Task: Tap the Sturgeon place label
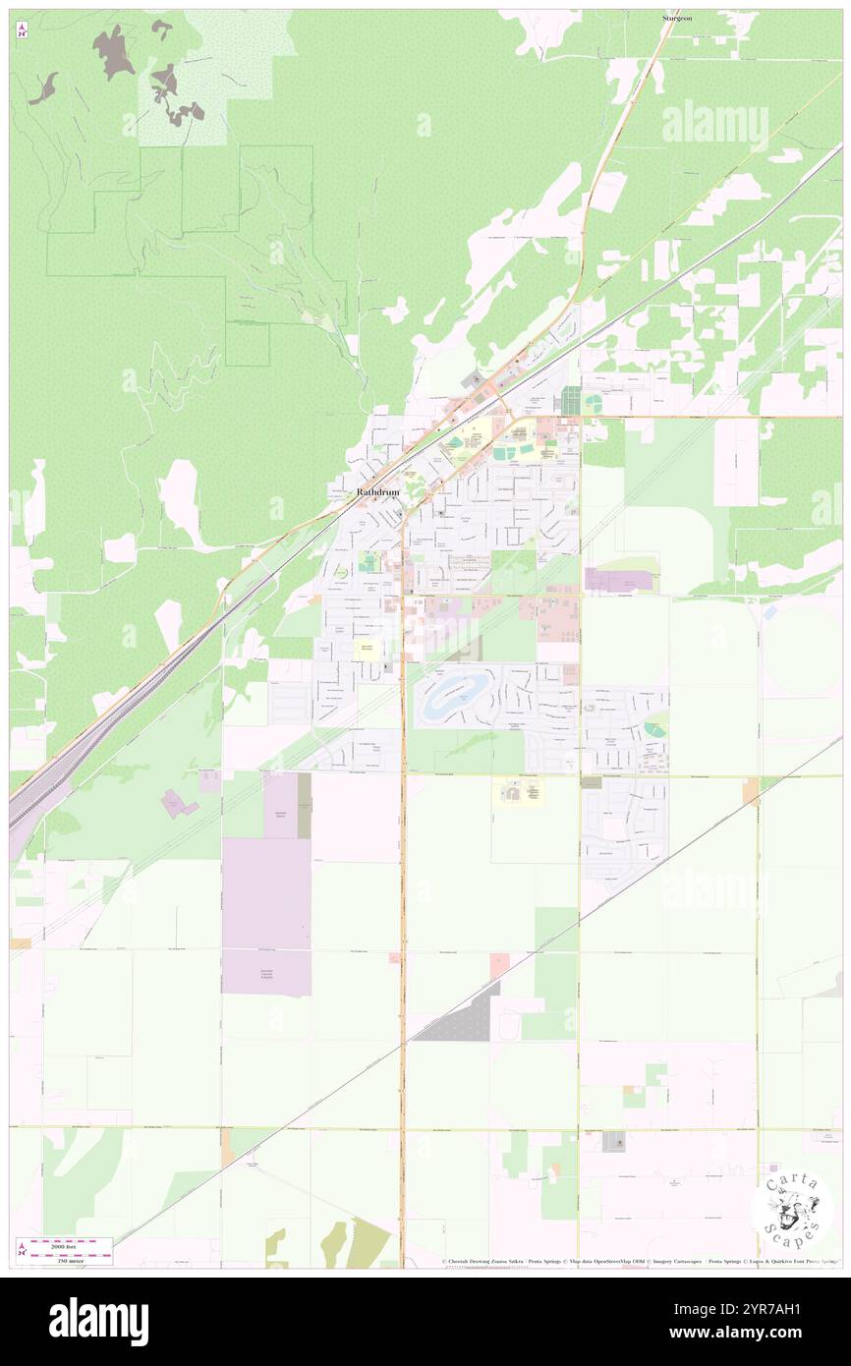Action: tap(679, 18)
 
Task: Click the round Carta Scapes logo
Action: tap(792, 1208)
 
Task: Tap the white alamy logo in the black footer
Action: tap(98, 1320)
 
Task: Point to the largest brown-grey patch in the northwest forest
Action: tap(113, 51)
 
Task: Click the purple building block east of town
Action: tap(619, 580)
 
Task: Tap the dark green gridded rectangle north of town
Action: tap(571, 400)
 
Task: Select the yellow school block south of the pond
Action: tap(517, 790)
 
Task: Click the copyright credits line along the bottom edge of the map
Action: tap(639, 1262)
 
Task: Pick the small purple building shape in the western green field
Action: tap(177, 804)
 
